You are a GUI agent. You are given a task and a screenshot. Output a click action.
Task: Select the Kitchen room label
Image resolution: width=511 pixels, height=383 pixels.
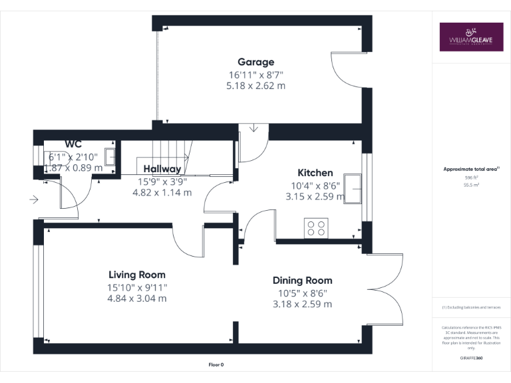[x=315, y=173]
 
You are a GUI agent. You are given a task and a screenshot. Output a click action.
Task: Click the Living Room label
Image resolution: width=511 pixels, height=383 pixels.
[x=137, y=275]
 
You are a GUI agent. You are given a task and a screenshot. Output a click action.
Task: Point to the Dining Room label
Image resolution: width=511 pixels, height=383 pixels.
[x=302, y=281]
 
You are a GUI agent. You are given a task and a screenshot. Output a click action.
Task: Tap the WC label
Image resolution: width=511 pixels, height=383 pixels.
[x=73, y=144]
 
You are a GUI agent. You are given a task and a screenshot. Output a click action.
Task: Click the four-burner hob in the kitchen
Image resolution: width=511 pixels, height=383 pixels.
[x=316, y=228]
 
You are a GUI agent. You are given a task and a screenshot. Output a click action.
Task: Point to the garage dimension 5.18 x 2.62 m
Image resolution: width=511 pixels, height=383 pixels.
[x=256, y=86]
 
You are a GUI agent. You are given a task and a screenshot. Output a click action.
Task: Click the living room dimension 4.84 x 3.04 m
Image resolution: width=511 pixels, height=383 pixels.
[x=138, y=299]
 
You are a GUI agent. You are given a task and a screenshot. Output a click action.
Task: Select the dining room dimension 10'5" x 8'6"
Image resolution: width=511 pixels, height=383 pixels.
[x=302, y=293]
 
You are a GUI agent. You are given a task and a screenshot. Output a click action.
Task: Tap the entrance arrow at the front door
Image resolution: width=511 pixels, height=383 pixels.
[x=34, y=198]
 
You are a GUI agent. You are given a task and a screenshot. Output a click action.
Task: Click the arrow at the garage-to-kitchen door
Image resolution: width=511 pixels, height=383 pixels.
[x=254, y=128]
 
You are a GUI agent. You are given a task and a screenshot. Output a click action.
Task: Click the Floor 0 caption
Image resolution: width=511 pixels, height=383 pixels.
[x=216, y=364]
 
